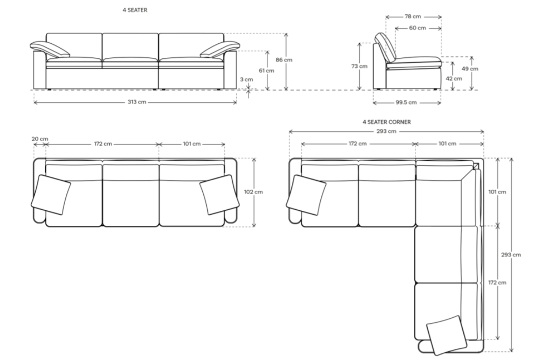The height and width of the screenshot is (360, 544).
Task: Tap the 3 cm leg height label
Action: point(246,79)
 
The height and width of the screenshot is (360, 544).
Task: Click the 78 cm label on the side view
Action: point(413,16)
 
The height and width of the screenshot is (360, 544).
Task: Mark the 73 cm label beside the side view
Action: point(359,66)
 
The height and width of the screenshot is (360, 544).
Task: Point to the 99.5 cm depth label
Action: point(406,102)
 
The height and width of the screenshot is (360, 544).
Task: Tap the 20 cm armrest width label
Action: point(40,139)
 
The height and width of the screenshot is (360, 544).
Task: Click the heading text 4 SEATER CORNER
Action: point(386,121)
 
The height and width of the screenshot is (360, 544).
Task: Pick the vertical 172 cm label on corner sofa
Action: point(497,282)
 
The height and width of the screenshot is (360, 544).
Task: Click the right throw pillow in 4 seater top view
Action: point(218,194)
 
